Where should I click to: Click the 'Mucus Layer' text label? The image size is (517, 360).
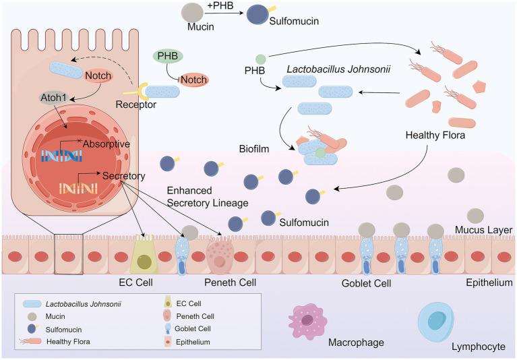point(484,230)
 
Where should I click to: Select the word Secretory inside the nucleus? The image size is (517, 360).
point(125,176)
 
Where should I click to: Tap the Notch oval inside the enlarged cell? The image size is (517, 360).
point(99,77)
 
